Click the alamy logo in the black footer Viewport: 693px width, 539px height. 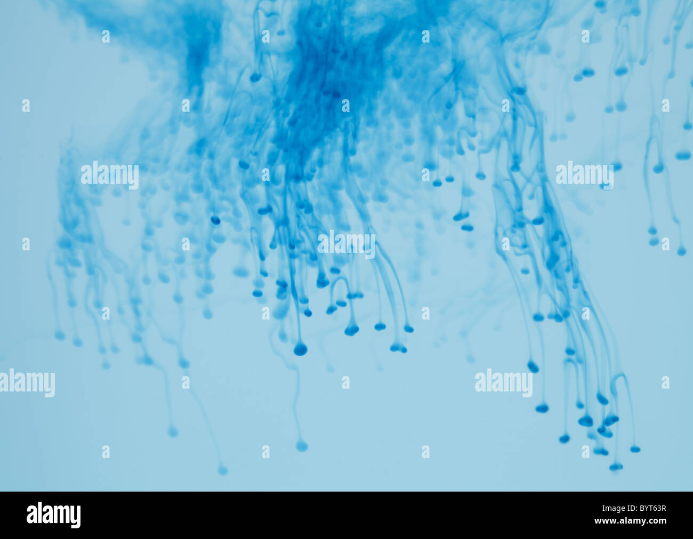coord(53,515)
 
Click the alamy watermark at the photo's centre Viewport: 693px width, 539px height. coord(346,244)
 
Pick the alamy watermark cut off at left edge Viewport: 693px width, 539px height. coord(27,383)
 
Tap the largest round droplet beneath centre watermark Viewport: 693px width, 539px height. coord(300,349)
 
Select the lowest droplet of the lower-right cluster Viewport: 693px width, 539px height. coord(616,467)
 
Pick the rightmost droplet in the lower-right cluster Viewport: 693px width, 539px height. coord(634,449)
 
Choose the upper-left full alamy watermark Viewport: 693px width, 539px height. coord(110,175)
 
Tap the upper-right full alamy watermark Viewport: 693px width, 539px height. coord(584,175)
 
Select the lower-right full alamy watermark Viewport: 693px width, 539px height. coord(503,383)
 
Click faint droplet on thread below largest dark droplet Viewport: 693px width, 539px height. coord(302,446)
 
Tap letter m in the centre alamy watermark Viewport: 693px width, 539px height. coord(357,244)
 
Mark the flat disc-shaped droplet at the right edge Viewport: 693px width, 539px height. coord(682,156)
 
